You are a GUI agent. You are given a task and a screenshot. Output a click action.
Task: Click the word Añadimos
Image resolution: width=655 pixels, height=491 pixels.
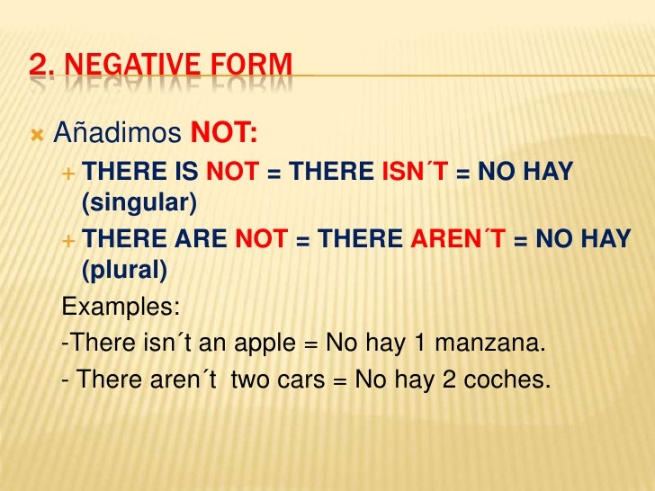pyautogui.click(x=117, y=135)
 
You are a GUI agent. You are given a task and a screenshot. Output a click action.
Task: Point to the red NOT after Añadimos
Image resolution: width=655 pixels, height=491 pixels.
pyautogui.click(x=224, y=135)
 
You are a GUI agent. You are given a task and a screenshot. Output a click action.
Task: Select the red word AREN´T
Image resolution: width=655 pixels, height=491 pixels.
pyautogui.click(x=458, y=238)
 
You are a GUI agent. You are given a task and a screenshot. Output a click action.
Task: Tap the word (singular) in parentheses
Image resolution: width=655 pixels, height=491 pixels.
pyautogui.click(x=139, y=203)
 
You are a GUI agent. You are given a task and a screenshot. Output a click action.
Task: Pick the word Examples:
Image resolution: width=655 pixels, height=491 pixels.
pyautogui.click(x=121, y=307)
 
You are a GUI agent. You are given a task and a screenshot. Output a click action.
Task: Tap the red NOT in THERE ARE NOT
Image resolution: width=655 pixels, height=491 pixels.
pyautogui.click(x=261, y=238)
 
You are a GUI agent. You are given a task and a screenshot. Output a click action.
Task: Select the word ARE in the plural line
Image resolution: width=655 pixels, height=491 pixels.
pyautogui.click(x=202, y=238)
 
